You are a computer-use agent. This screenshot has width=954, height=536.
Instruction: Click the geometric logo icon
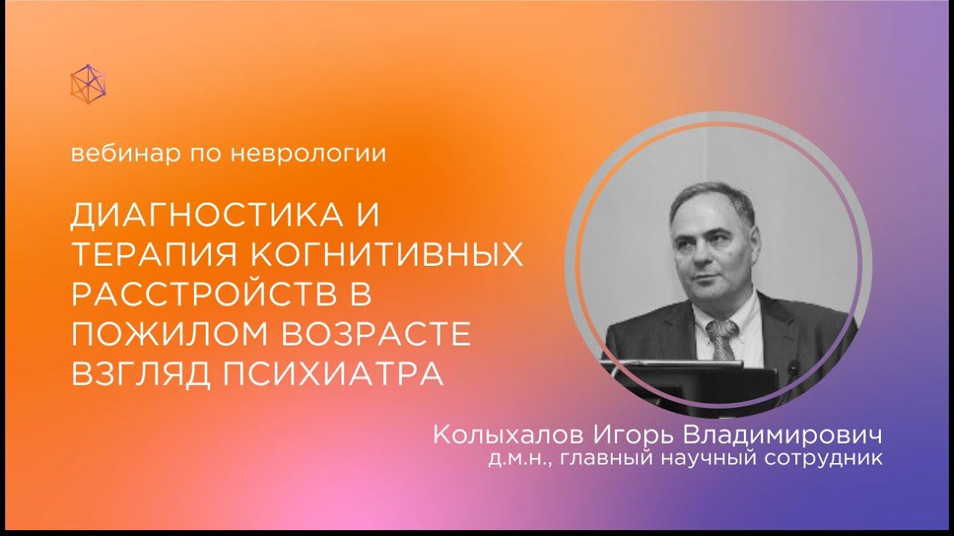coord(88,83)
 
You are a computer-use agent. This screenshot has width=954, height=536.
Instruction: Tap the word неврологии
coord(328,155)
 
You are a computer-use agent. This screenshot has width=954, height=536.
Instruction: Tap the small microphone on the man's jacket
coord(793,367)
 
